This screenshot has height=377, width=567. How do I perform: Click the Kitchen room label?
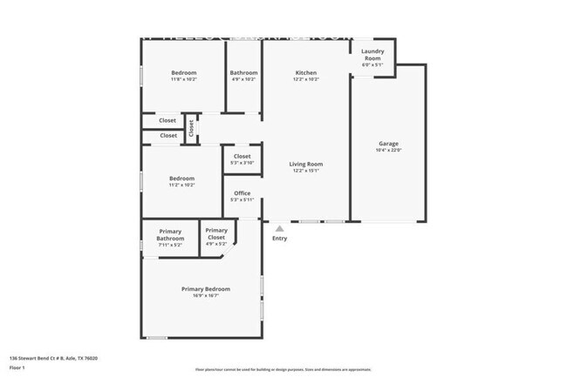click(x=305, y=73)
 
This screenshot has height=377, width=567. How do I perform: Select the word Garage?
click(x=388, y=144)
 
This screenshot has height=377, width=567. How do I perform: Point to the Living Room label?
click(x=306, y=164)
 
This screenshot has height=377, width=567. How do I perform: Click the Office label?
click(x=242, y=193)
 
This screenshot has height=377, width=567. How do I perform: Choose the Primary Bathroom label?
click(x=170, y=234)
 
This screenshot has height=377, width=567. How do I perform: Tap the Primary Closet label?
click(x=216, y=234)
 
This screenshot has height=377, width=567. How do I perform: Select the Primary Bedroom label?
click(x=206, y=289)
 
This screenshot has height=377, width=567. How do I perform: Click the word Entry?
click(x=279, y=239)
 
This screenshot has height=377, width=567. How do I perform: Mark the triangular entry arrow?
click(x=279, y=228)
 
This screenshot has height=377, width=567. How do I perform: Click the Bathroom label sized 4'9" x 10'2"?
click(x=243, y=73)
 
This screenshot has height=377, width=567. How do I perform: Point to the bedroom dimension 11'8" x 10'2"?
click(x=183, y=79)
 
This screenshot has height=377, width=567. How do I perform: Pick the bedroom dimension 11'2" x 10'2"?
click(x=181, y=185)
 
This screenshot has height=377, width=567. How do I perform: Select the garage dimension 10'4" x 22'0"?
click(x=388, y=151)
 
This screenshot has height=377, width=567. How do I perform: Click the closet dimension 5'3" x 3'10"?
click(x=242, y=163)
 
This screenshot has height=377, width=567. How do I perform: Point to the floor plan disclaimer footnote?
click(x=283, y=370)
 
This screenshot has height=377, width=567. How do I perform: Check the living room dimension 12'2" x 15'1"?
click(x=306, y=171)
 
